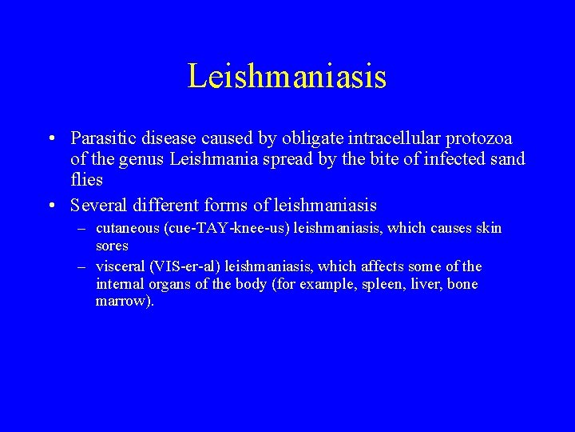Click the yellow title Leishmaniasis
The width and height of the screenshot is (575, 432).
coord(287,77)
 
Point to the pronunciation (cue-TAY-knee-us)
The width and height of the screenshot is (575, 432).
coord(227,229)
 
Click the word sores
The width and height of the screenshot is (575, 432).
coord(112,246)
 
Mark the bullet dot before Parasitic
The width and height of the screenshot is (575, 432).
coord(51,139)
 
